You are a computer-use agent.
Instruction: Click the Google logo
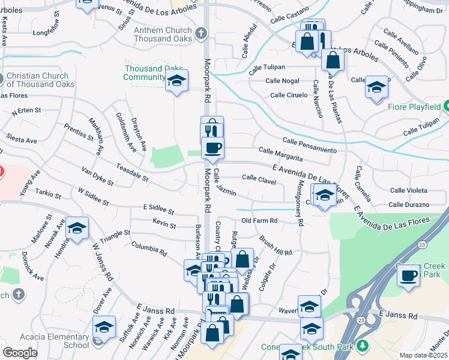19,353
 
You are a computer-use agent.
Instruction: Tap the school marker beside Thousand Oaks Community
176,81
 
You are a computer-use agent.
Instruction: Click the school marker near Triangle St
77,229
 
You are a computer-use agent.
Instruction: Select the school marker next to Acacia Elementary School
104,328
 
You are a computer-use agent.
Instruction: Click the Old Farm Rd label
259,221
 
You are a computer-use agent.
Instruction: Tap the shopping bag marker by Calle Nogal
332,60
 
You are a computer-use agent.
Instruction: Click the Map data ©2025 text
424,355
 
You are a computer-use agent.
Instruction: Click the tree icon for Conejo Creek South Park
362,346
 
